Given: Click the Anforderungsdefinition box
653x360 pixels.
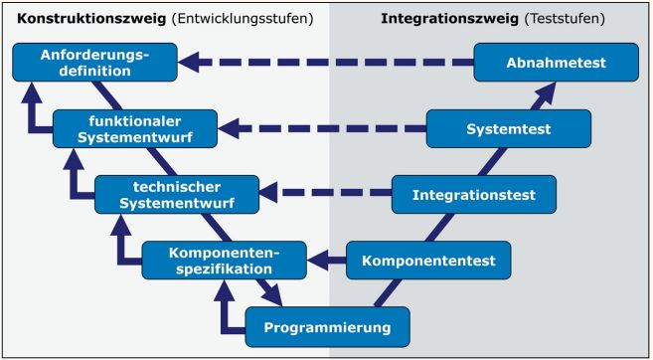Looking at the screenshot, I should pyautogui.click(x=87, y=62).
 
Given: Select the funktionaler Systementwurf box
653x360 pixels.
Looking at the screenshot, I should pyautogui.click(x=132, y=127).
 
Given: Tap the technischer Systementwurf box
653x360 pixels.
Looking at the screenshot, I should pyautogui.click(x=176, y=194).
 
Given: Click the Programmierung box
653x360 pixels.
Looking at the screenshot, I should pyautogui.click(x=326, y=325).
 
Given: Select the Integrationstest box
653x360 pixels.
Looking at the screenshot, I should pyautogui.click(x=473, y=194).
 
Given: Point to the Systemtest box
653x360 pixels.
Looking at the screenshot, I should pyautogui.click(x=511, y=127).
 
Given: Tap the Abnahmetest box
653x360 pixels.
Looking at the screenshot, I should pyautogui.click(x=553, y=62).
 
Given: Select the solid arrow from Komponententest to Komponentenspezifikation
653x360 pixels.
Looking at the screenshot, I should pyautogui.click(x=327, y=261).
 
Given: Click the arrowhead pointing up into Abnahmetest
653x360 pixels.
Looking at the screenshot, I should pyautogui.click(x=546, y=92).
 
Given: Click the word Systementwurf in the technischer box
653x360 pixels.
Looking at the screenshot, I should pyautogui.click(x=176, y=203).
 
